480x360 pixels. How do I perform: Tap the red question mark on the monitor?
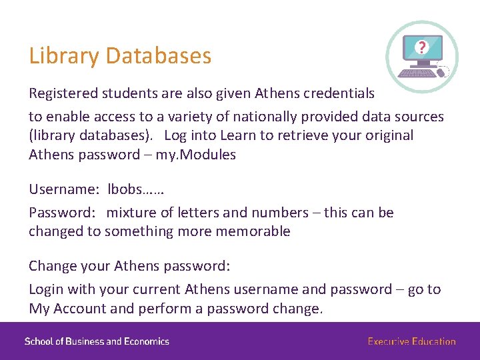tap(421, 47)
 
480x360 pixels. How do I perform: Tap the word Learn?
tap(237, 135)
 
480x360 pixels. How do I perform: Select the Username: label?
tap(63, 189)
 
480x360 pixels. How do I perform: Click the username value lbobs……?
tap(136, 189)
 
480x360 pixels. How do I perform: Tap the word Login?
tap(46, 289)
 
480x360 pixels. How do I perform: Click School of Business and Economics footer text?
tap(97, 341)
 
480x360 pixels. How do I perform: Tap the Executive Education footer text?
tap(411, 341)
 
